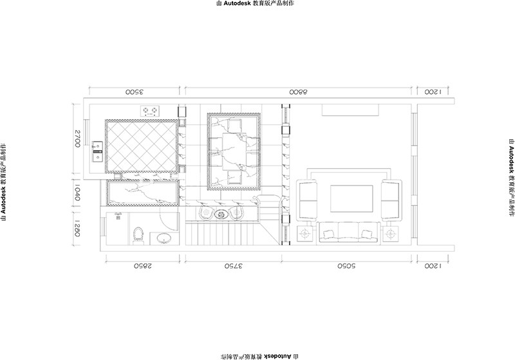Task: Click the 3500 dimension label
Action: point(135,92)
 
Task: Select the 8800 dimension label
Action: point(298,92)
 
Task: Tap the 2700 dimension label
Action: point(77,138)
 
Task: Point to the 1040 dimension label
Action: point(77,193)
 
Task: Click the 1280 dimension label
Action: point(77,228)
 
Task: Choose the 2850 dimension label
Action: point(142,266)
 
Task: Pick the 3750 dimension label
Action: point(233,266)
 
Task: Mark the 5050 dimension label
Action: point(346,266)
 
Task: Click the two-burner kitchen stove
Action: point(150,111)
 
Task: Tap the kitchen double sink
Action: point(98,152)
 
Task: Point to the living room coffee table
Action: point(351,199)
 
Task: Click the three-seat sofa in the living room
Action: point(349,232)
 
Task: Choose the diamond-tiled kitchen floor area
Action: point(142,146)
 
